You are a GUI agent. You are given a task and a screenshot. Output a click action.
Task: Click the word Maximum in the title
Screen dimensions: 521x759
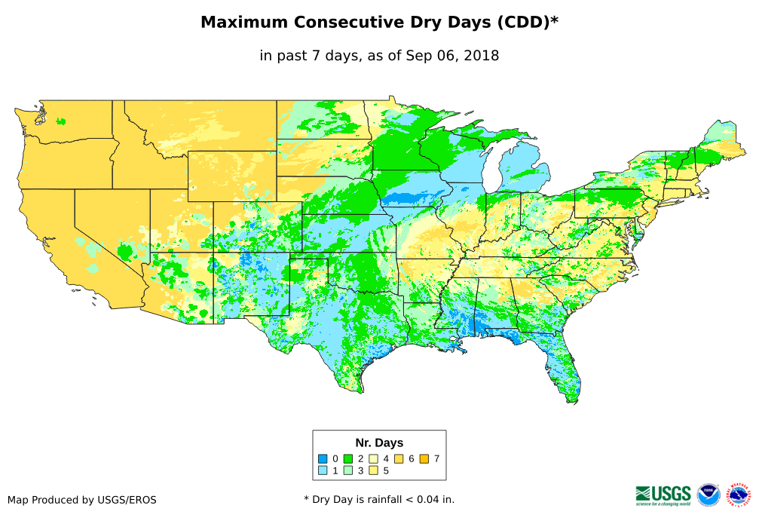click(244, 23)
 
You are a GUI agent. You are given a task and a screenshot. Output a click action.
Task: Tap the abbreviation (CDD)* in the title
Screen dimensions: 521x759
click(526, 23)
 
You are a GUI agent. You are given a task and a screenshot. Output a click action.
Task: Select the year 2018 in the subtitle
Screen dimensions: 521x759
click(481, 55)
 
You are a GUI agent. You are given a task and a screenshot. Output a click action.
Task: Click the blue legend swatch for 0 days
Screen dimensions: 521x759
click(323, 458)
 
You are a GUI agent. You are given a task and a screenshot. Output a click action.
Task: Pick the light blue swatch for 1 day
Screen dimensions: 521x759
click(323, 470)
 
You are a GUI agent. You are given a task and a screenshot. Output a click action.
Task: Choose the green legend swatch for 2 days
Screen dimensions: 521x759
click(348, 458)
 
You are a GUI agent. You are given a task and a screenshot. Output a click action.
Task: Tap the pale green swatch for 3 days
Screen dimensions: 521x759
click(348, 470)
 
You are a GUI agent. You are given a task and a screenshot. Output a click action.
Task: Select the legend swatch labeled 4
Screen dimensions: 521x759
click(373, 458)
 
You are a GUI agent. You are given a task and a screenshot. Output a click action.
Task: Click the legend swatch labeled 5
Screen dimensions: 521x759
click(373, 470)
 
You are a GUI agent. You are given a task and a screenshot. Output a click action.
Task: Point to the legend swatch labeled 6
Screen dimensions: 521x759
click(399, 458)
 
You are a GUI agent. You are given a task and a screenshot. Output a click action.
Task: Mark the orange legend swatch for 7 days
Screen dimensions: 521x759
click(424, 458)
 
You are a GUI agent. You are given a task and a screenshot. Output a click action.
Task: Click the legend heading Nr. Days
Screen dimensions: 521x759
click(379, 443)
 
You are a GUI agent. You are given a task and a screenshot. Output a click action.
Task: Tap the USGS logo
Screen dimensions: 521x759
click(663, 495)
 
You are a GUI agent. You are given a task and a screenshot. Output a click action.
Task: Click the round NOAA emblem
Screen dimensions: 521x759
click(709, 495)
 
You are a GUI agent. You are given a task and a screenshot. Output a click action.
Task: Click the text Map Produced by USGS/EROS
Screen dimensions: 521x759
click(82, 500)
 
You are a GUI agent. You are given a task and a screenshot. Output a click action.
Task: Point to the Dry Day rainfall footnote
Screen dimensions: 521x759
click(379, 499)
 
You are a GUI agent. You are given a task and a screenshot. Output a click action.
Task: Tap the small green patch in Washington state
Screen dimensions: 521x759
click(60, 121)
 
